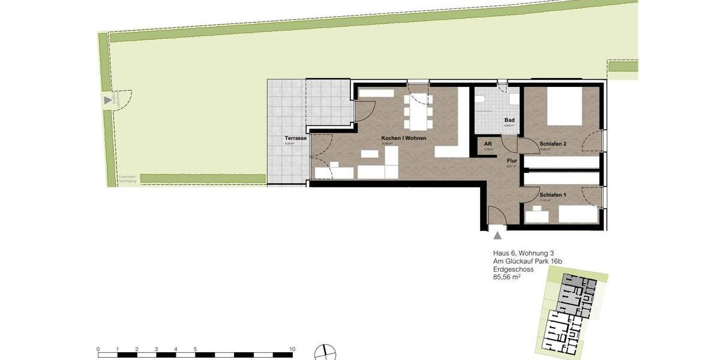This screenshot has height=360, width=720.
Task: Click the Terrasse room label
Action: pos(296,138)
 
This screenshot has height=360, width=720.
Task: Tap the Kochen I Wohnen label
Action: pos(404,138)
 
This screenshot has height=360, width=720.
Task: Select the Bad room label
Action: pos(509,120)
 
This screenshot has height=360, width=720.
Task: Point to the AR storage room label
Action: pos(488,144)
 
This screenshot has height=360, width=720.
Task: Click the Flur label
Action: pos(512,161)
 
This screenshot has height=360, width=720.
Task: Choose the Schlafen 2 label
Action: pos(553,144)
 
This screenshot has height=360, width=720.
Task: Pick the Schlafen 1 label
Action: pos(553,195)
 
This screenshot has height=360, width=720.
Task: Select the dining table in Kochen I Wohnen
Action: pos(418,112)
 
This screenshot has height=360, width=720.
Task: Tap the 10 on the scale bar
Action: pos(292,349)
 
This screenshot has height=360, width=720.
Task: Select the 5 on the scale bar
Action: pos(195,349)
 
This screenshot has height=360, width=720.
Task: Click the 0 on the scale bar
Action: pos(98,349)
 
